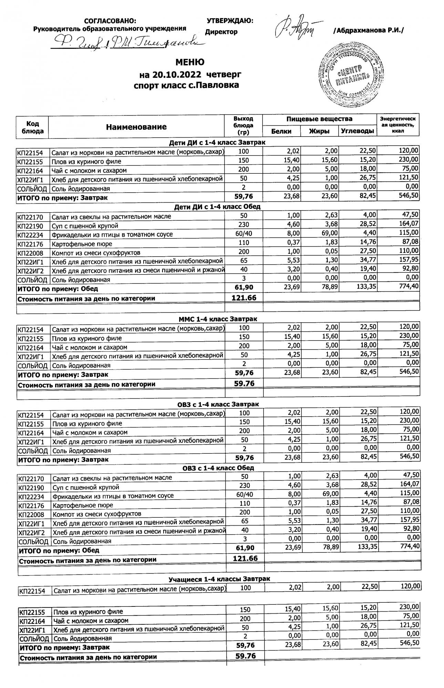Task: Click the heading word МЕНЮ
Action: coord(190,62)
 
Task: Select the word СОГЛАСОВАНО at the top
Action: coord(110,21)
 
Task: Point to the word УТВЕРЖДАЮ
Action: coord(230,21)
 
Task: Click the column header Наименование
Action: coord(136,127)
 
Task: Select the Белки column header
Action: coord(281,131)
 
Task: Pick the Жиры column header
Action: coord(319,131)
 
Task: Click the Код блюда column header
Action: coord(32,127)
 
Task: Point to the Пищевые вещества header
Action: coord(319,119)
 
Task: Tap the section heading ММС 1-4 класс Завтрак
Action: coord(218,319)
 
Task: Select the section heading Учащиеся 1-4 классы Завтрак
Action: coord(219,579)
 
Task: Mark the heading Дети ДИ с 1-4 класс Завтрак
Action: coord(217,142)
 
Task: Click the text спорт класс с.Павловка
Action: coord(186,85)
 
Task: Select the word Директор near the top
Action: coord(221,32)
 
